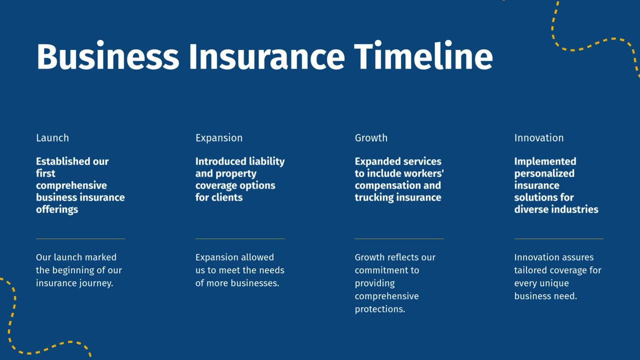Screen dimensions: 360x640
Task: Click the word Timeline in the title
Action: point(423,56)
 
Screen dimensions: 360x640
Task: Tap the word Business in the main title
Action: point(107,56)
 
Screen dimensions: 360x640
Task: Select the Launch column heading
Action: point(52,138)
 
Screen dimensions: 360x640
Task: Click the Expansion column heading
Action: point(219,138)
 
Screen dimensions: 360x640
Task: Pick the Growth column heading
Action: point(371,138)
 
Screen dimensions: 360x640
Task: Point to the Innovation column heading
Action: point(538,138)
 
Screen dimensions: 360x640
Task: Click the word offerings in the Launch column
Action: point(57,209)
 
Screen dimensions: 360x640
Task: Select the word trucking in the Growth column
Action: point(374,197)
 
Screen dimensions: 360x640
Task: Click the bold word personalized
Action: point(544,173)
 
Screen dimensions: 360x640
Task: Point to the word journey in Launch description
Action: point(96,283)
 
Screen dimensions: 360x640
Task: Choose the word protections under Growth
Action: point(379,309)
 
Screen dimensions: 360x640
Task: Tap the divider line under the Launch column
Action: point(80,239)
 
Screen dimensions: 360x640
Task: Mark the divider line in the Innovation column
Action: point(558,239)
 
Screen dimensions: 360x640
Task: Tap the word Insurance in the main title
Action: point(266,56)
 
